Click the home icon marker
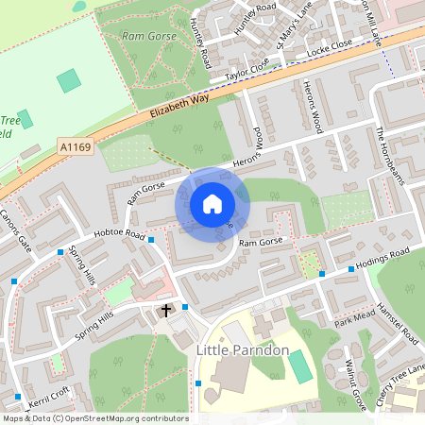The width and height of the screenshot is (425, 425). (212, 204)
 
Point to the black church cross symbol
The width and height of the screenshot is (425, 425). (166, 310)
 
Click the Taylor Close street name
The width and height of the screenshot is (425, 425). (247, 69)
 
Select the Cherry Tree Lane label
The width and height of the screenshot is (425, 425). (400, 386)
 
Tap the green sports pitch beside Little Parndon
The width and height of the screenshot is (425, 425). (298, 366)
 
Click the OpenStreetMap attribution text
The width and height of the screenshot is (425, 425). (94, 418)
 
